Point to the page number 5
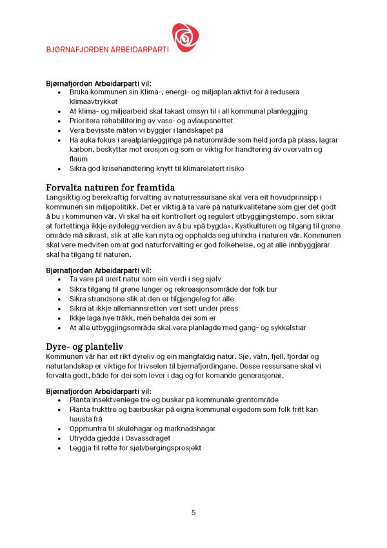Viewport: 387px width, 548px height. coord(193,512)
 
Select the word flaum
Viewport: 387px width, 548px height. coord(79,158)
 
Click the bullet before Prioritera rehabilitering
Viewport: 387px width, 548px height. coord(59,121)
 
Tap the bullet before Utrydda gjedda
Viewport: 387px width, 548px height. coord(59,438)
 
